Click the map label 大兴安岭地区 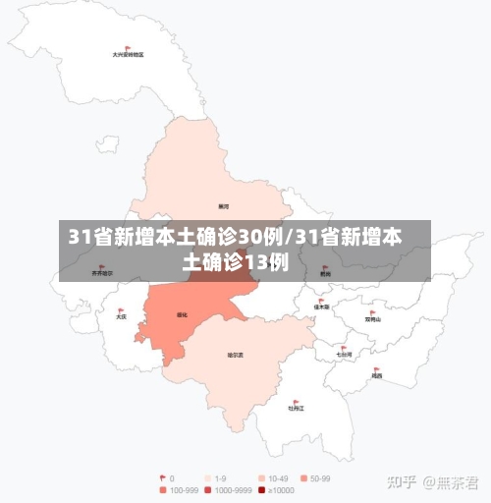(128, 55)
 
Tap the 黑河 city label (224, 206)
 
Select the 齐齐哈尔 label (102, 273)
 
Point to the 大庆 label (121, 317)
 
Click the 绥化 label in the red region (182, 315)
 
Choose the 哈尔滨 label (236, 355)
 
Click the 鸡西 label (377, 375)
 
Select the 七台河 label (343, 354)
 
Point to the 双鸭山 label (372, 319)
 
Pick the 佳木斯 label (321, 307)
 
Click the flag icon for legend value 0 (163, 478)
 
